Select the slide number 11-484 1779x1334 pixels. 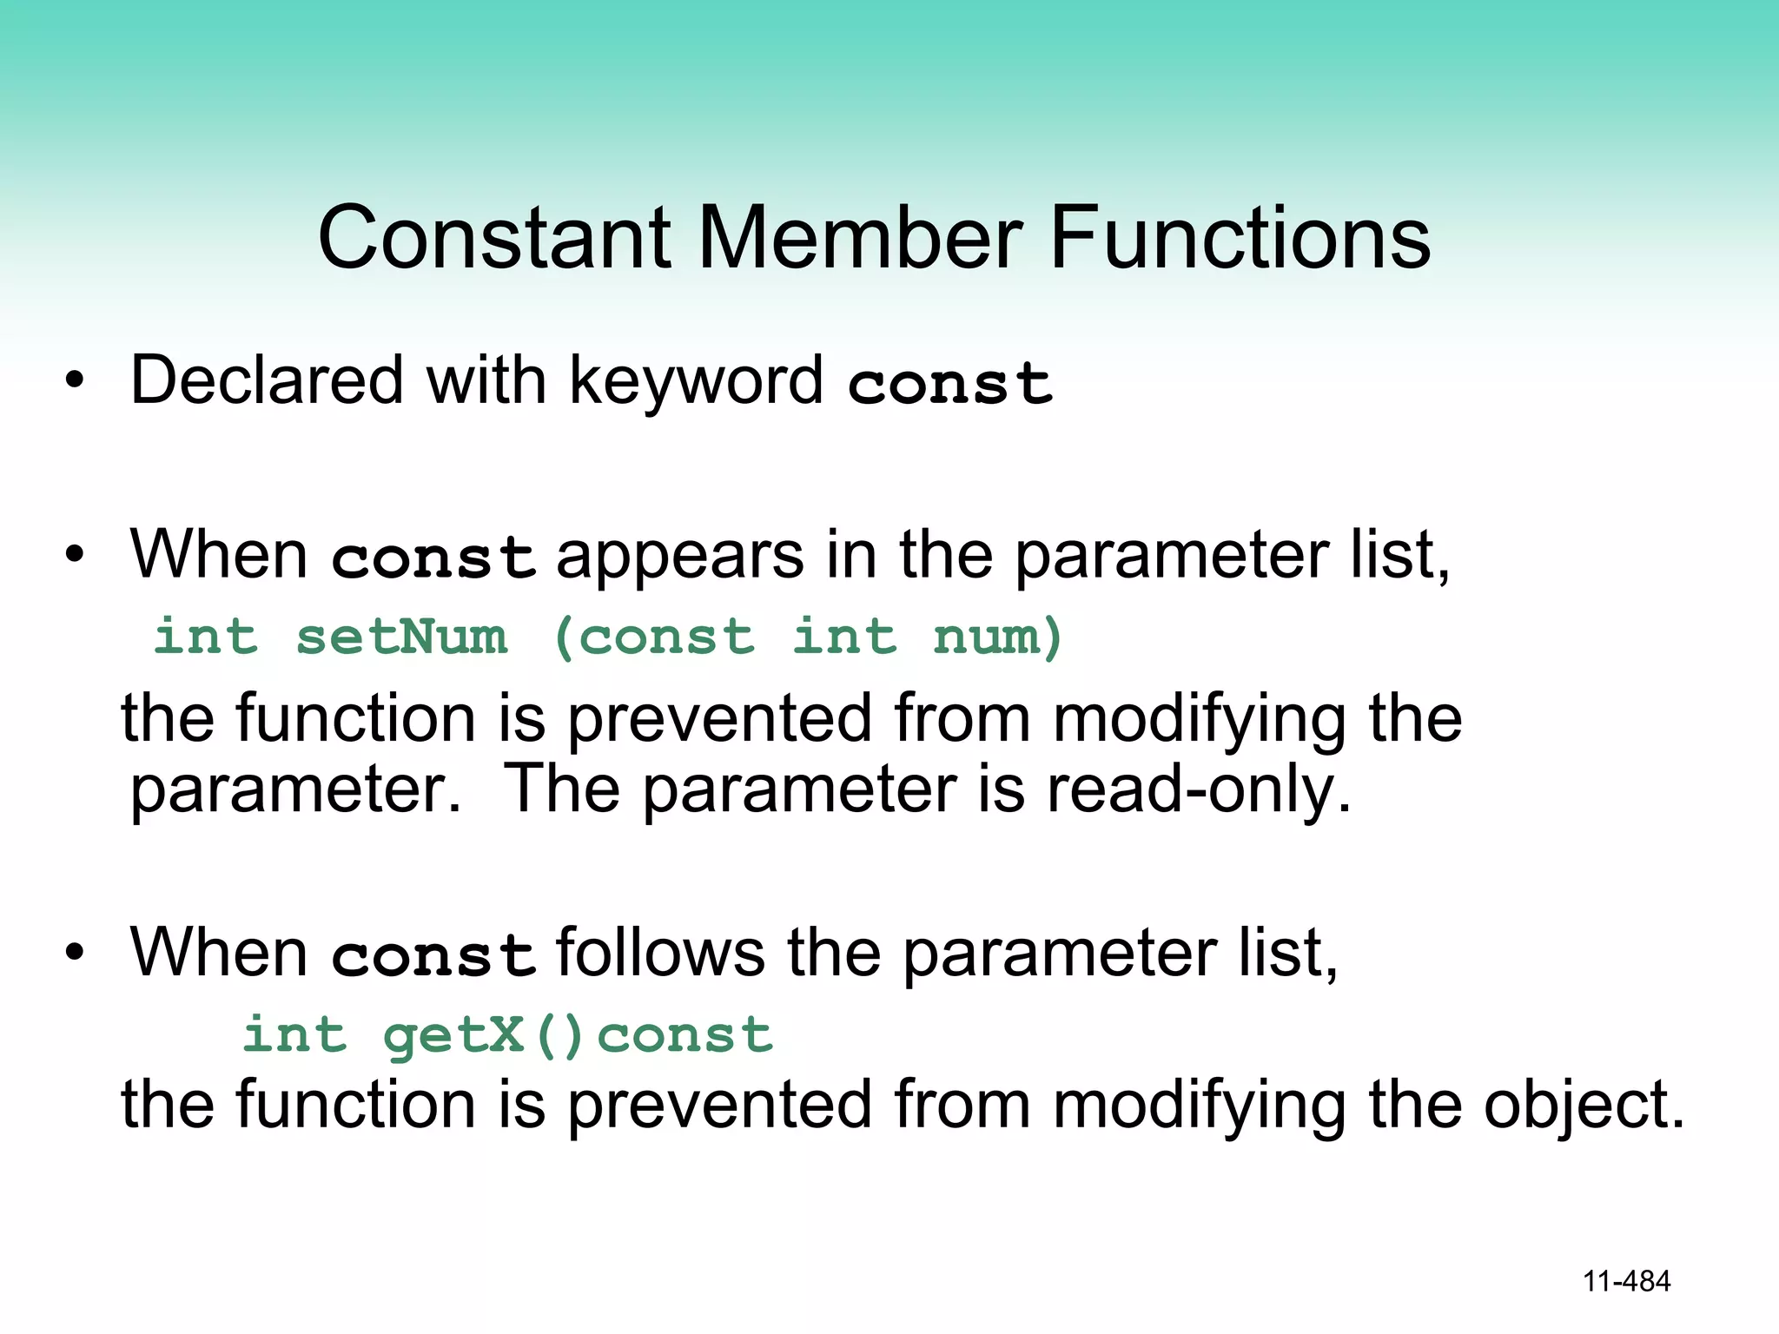click(x=1626, y=1281)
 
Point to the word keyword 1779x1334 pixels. click(x=695, y=382)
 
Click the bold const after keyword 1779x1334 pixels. click(x=949, y=384)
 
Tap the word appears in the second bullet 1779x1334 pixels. click(x=679, y=556)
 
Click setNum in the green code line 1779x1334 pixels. click(x=401, y=637)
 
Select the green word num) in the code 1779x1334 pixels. click(x=998, y=637)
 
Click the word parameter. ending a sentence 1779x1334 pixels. click(x=295, y=790)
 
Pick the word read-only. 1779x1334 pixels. click(x=1199, y=790)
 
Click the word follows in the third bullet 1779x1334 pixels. click(x=660, y=953)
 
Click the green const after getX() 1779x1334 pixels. click(x=684, y=1035)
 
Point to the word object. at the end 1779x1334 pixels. click(x=1584, y=1105)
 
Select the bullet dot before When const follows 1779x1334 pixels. click(x=76, y=952)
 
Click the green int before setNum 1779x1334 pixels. click(x=206, y=637)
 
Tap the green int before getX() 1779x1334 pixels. click(x=294, y=1035)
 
